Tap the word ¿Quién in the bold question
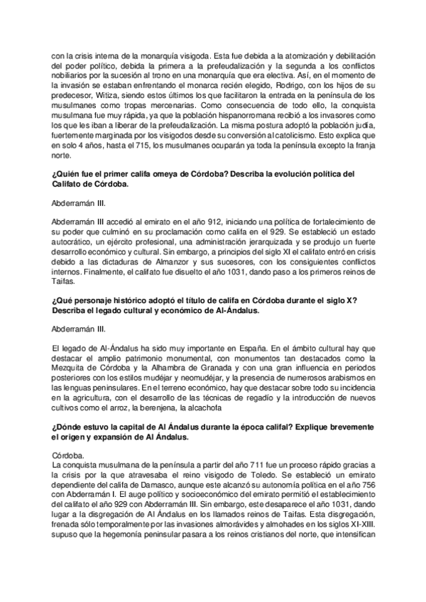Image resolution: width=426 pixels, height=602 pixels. coord(65,173)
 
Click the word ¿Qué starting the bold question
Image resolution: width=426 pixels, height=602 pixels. coord(62,301)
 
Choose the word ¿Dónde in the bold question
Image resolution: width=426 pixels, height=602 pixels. coord(67,430)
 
